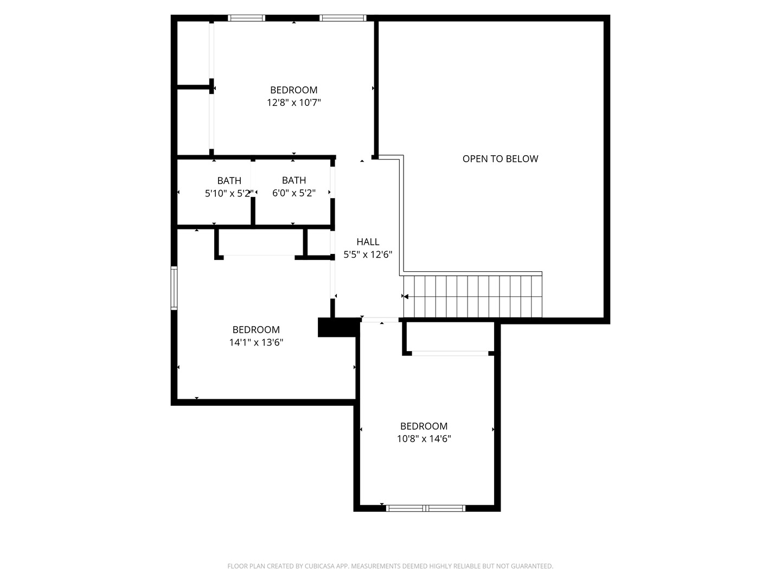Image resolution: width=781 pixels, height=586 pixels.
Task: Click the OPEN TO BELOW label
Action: (x=500, y=159)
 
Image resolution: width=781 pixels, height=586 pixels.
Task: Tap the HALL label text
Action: (x=368, y=242)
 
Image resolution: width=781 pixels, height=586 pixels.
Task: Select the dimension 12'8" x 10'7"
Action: (x=294, y=103)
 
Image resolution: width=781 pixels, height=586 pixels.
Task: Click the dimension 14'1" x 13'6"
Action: (x=256, y=342)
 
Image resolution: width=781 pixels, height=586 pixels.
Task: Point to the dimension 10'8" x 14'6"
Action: (x=424, y=439)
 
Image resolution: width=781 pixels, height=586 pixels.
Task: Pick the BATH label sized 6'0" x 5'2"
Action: (x=294, y=180)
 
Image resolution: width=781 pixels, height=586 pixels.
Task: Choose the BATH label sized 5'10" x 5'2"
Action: (x=229, y=181)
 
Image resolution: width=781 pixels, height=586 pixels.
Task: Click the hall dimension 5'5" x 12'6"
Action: (x=368, y=254)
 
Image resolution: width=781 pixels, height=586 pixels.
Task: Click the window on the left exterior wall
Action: (x=174, y=288)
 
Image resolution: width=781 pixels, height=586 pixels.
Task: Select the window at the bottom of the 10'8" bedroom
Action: (x=426, y=508)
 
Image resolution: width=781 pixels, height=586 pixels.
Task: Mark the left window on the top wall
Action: (x=246, y=18)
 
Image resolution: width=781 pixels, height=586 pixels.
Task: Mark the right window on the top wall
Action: (x=343, y=18)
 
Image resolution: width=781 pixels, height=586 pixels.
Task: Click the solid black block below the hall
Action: (x=337, y=327)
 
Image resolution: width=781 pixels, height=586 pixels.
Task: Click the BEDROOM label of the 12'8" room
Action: (x=294, y=90)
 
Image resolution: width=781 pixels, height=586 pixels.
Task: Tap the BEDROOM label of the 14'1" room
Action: (x=256, y=330)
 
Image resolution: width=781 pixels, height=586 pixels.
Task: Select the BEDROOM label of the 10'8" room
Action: (x=424, y=426)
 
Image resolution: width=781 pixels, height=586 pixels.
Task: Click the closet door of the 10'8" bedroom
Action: (x=450, y=353)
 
